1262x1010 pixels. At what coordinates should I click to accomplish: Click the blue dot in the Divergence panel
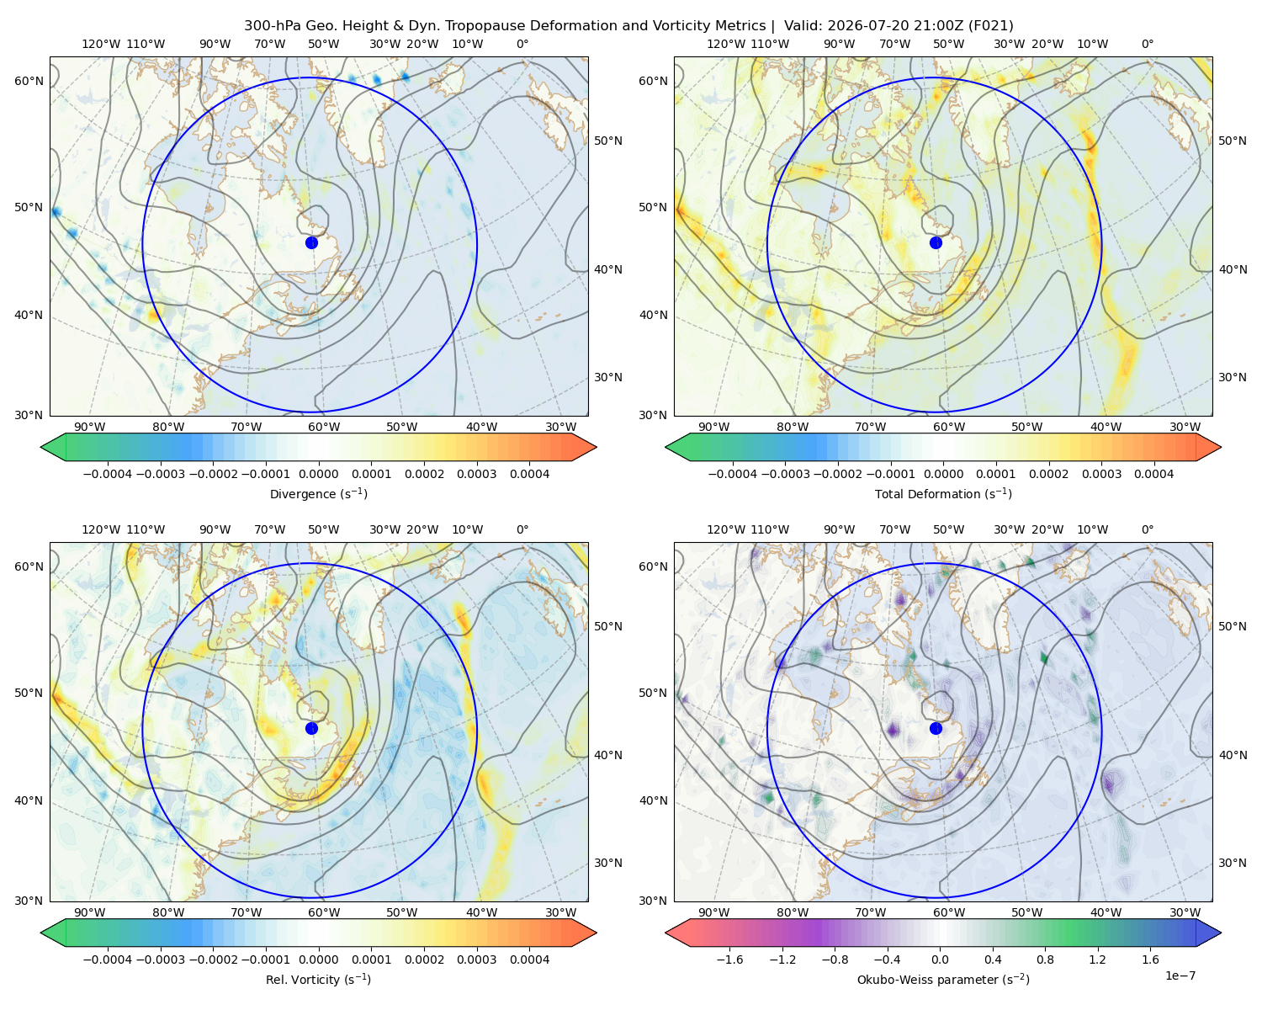coord(311,242)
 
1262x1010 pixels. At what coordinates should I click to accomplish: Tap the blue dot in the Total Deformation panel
coord(936,242)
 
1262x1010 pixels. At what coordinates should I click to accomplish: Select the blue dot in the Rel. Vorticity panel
coord(311,728)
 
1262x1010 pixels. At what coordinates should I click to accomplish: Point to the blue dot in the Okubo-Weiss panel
coord(936,728)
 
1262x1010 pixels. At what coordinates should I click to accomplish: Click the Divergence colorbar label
coord(318,493)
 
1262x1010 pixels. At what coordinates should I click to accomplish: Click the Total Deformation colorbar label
coord(943,493)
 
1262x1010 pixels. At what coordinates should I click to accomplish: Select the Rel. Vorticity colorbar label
coord(318,979)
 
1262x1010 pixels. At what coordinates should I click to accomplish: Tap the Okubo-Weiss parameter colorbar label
coord(943,979)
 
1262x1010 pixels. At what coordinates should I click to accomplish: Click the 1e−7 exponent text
coord(1180,975)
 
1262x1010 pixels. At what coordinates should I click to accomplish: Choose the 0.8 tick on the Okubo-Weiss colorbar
coord(1045,959)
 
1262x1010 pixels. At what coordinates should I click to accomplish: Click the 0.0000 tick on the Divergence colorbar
coord(318,474)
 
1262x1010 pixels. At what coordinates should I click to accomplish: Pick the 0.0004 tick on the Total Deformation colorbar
coord(1153,474)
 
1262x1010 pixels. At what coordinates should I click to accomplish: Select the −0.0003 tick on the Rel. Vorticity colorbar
coord(160,959)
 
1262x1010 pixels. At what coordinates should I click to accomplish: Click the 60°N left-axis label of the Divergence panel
coord(29,81)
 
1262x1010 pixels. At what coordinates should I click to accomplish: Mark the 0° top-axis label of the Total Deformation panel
coord(1148,44)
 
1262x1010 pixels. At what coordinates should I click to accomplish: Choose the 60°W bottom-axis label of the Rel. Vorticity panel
coord(324,912)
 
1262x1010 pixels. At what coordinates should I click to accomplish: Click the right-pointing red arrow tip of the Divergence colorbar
coord(596,447)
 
